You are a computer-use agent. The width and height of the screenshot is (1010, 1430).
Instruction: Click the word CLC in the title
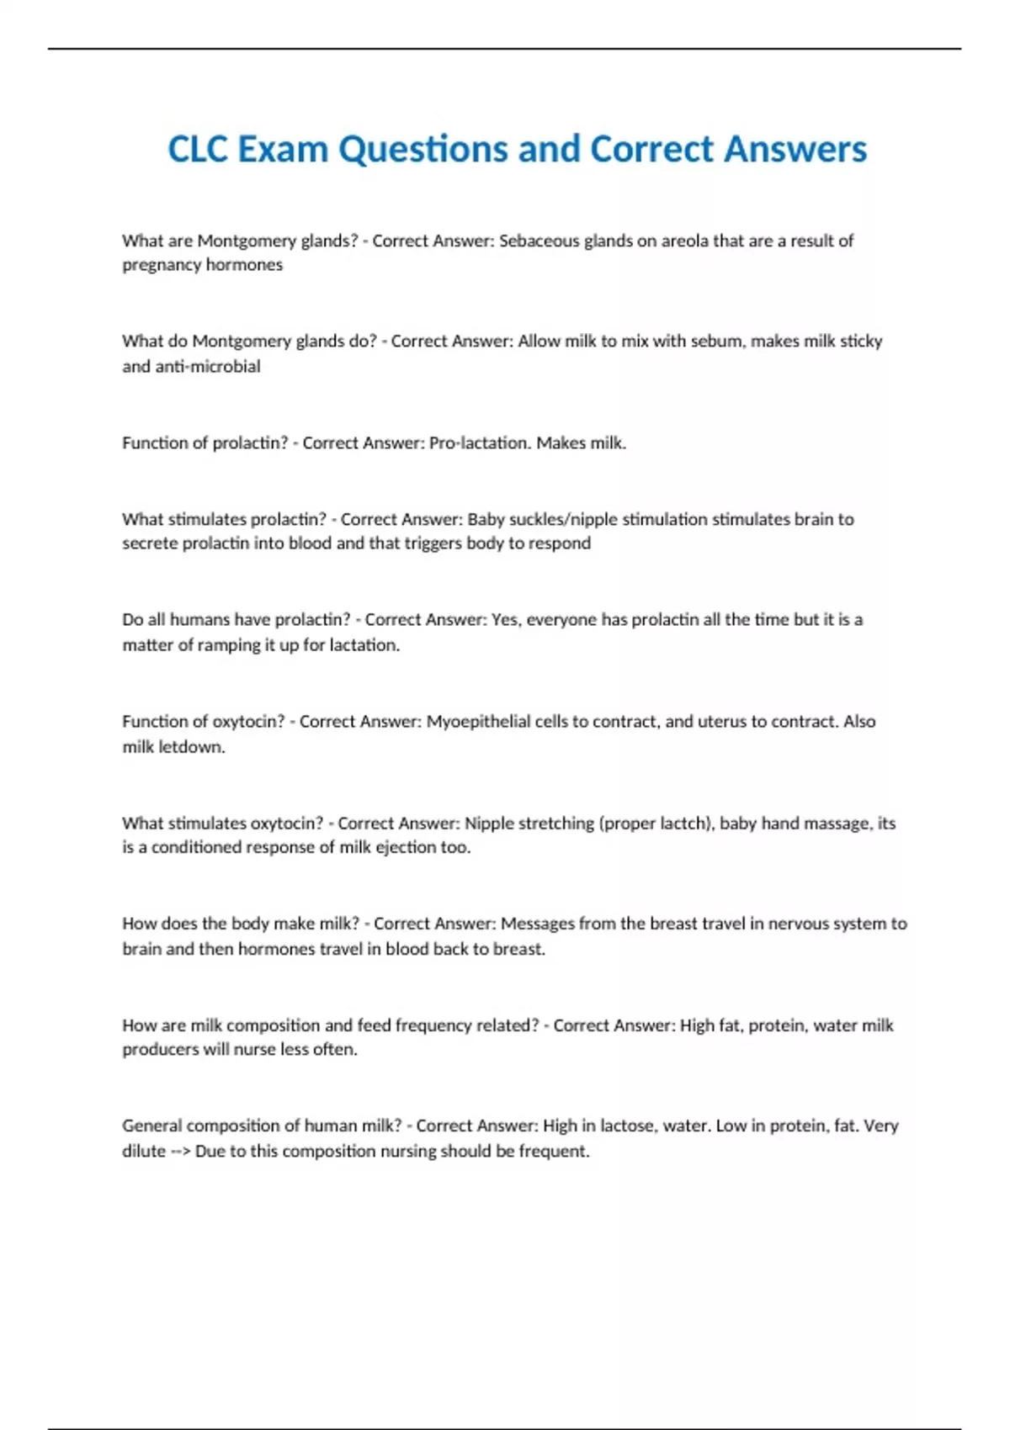pyautogui.click(x=199, y=150)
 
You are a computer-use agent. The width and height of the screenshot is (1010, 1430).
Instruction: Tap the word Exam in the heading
pyautogui.click(x=283, y=150)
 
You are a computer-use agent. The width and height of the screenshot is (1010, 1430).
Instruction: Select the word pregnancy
pyautogui.click(x=161, y=265)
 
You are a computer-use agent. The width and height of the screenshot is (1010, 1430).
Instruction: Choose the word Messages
pyautogui.click(x=539, y=924)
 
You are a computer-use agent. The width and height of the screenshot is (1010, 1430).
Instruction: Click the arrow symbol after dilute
pyautogui.click(x=179, y=1151)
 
